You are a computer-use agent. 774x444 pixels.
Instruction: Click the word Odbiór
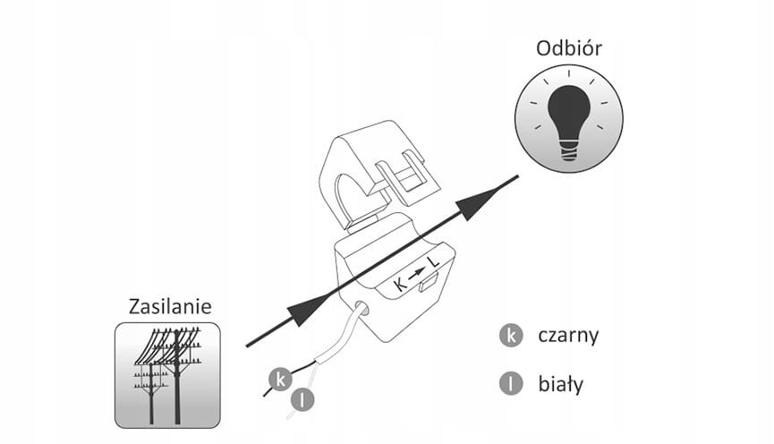pyautogui.click(x=569, y=48)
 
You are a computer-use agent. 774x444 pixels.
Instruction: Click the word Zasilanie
pyautogui.click(x=170, y=307)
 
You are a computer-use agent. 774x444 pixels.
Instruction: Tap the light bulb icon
pyautogui.click(x=569, y=119)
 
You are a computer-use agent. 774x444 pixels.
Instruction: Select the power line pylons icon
pyautogui.click(x=168, y=375)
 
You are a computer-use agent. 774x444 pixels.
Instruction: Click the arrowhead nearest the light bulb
pyautogui.click(x=479, y=201)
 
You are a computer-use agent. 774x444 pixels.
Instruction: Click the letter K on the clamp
pyautogui.click(x=400, y=286)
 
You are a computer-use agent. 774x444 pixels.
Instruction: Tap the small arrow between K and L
pyautogui.click(x=417, y=273)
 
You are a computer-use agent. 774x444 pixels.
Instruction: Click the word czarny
pyautogui.click(x=568, y=336)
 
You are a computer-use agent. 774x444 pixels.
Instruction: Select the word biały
pyautogui.click(x=561, y=384)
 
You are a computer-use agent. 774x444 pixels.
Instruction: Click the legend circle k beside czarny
pyautogui.click(x=511, y=336)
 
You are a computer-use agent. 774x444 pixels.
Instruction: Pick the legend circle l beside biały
pyautogui.click(x=511, y=384)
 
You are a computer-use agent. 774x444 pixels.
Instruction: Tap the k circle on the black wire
pyautogui.click(x=280, y=380)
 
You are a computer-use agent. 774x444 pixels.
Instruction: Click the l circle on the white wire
pyautogui.click(x=302, y=399)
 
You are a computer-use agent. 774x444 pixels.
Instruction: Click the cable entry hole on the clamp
pyautogui.click(x=361, y=308)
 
